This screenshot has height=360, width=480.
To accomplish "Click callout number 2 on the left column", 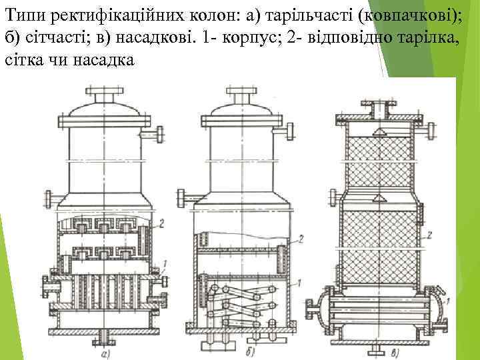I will (x=163, y=222).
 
